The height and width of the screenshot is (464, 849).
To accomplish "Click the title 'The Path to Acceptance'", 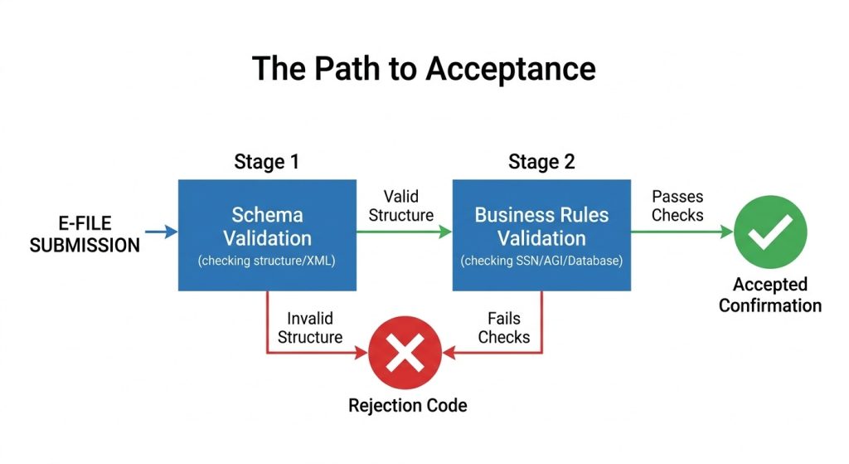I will [424, 68].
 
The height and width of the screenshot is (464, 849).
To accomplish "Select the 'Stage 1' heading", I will [266, 161].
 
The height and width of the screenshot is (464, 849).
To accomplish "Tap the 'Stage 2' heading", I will [541, 161].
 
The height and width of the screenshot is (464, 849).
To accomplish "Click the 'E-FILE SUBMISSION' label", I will [85, 233].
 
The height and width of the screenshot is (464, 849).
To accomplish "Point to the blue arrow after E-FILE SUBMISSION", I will [162, 232].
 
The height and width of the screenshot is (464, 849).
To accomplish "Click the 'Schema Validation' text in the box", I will [267, 227].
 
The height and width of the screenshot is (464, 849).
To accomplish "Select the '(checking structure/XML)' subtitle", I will [267, 261].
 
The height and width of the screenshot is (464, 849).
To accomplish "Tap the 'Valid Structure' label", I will [400, 206].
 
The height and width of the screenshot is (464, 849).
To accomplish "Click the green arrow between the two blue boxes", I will [404, 232].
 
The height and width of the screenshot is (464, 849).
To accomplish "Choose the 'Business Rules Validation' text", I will [541, 227].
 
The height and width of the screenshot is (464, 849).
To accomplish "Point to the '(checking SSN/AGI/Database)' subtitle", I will [541, 261].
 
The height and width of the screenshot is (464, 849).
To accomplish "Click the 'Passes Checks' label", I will [677, 206].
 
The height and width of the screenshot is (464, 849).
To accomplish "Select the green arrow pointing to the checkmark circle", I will [679, 232].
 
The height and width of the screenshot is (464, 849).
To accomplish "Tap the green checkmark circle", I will [769, 232].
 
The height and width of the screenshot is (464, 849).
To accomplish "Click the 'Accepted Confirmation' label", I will [769, 295].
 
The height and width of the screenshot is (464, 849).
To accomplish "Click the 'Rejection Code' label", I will [407, 405].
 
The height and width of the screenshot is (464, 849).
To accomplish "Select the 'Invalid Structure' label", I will [309, 328].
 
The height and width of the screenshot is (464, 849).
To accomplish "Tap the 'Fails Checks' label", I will [503, 328].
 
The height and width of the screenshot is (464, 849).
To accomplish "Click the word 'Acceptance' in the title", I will [511, 68].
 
